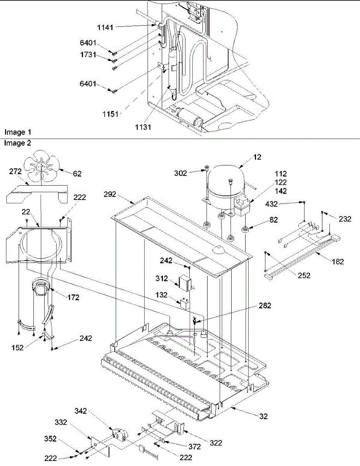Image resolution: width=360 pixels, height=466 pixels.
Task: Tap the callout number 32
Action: point(264,417)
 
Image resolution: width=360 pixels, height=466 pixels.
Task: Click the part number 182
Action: point(337,262)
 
